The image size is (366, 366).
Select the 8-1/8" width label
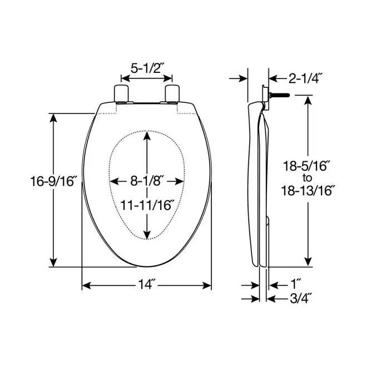(147, 181)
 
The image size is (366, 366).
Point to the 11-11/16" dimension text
(147, 204)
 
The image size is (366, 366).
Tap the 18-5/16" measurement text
(306, 165)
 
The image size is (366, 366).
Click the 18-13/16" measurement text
(306, 190)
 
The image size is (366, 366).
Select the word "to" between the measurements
(306, 177)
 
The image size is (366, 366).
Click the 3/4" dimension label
(301, 298)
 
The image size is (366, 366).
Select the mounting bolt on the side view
(281, 96)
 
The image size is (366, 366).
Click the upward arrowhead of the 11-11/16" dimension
(147, 139)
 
